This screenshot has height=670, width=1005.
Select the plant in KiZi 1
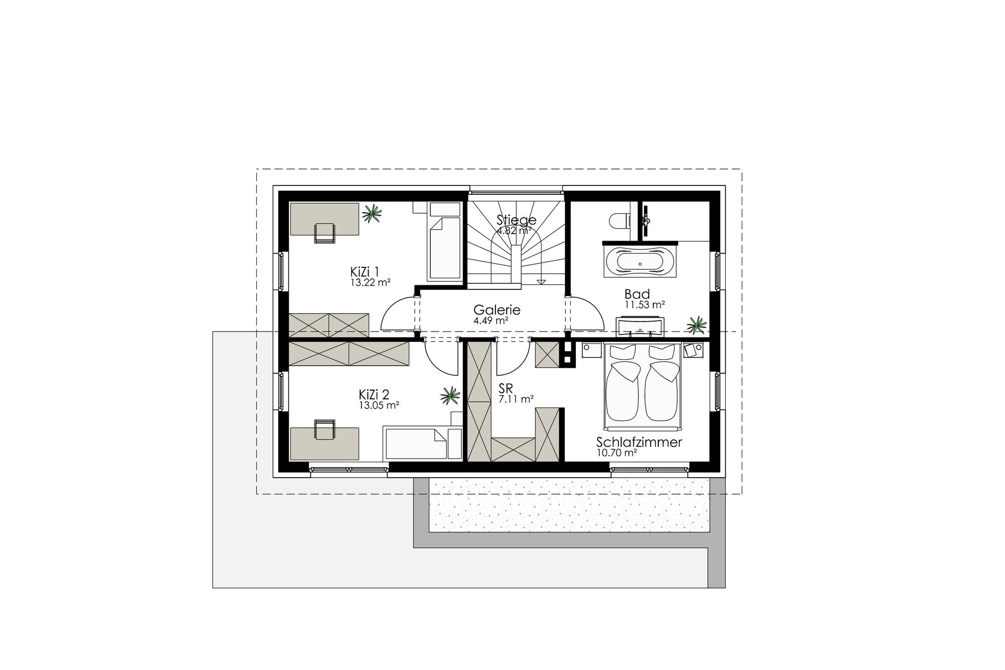coord(372,214)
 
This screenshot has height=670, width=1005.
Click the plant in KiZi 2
coord(450,396)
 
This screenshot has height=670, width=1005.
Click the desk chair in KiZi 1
coord(324,233)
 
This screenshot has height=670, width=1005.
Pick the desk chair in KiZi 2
coord(324,429)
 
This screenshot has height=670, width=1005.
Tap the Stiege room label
coord(517,220)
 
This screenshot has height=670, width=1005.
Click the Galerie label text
coord(497,310)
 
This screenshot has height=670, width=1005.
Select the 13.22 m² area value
coord(370,282)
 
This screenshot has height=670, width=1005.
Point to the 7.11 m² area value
coord(516,398)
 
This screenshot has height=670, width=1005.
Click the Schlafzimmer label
coord(639,442)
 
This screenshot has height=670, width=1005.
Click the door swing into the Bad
coord(587,312)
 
